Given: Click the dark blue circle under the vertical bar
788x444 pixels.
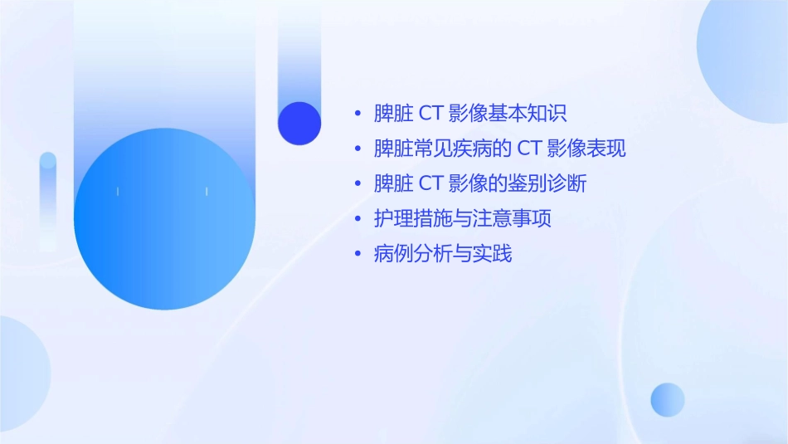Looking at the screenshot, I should (x=299, y=123).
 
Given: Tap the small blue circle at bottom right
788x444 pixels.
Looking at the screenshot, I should (x=668, y=400).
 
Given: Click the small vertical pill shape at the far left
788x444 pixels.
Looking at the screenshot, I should (x=48, y=199).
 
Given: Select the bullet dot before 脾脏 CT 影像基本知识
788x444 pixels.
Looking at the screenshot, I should (x=358, y=114).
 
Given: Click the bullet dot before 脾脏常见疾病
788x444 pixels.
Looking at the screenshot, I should (x=358, y=149).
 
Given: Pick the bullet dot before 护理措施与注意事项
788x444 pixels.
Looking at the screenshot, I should (x=358, y=220).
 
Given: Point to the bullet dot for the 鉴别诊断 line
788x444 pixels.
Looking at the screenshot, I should (x=358, y=184).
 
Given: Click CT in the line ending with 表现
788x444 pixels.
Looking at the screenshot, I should (x=530, y=149).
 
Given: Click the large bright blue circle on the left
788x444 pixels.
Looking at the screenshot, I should (x=164, y=219).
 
